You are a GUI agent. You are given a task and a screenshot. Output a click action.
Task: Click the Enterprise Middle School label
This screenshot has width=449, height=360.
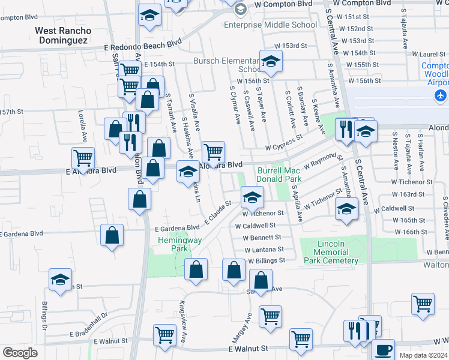pyautogui.click(x=270, y=25)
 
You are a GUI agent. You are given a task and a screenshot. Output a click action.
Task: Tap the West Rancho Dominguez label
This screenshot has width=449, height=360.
pyautogui.click(x=63, y=35)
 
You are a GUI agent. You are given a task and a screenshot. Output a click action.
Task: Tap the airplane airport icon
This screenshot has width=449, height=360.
pyautogui.click(x=441, y=95)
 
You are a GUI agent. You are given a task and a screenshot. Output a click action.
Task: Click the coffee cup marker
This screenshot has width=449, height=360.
pyautogui.click(x=383, y=349)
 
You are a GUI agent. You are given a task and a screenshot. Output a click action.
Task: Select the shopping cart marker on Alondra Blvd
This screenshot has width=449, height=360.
pyautogui.click(x=213, y=151)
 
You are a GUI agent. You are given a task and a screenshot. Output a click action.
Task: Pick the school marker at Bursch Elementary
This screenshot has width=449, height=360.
pyautogui.click(x=271, y=61)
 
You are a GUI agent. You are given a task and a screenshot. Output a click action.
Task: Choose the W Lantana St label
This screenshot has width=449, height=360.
pyautogui.click(x=262, y=249)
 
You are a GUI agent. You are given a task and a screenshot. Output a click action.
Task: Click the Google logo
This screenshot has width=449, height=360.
pyautogui.click(x=20, y=353)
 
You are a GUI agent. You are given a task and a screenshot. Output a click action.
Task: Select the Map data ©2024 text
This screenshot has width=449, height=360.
pyautogui.click(x=423, y=355)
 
